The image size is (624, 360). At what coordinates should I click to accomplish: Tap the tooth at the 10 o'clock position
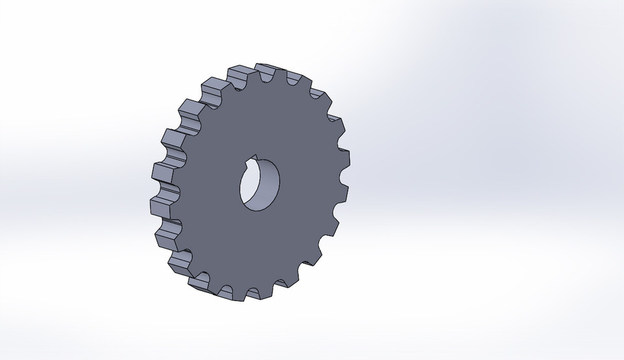tap(188, 110)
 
